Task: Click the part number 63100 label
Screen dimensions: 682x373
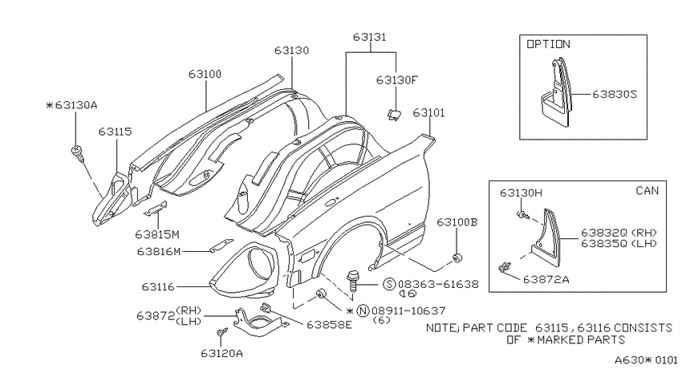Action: click(x=205, y=75)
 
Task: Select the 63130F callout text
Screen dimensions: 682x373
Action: click(x=396, y=80)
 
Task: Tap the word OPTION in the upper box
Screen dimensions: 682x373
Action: click(x=548, y=44)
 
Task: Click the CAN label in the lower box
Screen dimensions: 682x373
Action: click(x=647, y=190)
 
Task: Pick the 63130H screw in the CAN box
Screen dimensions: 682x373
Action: click(x=522, y=215)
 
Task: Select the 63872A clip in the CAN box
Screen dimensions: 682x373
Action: click(x=505, y=267)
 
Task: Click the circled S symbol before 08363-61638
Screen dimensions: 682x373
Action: click(x=389, y=284)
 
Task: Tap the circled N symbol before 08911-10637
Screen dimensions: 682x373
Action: click(x=363, y=311)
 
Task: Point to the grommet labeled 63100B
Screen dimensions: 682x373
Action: click(x=457, y=257)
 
